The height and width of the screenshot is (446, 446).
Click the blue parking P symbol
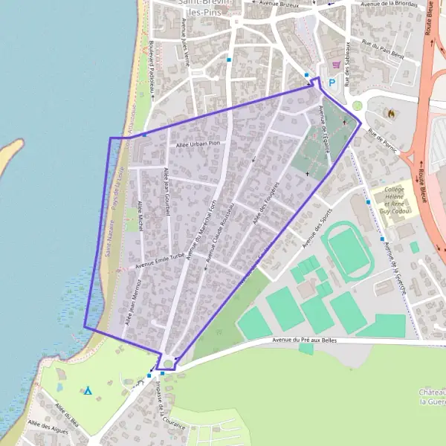332,83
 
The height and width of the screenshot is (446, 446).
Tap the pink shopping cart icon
337,65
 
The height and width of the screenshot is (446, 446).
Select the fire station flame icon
390,113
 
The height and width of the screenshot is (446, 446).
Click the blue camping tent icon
88,390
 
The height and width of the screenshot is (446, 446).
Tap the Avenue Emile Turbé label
159,259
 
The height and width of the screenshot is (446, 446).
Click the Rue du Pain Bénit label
383,50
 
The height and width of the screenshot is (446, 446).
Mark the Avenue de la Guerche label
394,268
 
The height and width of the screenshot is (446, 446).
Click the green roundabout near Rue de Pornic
357,106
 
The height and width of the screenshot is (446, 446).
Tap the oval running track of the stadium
348,249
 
